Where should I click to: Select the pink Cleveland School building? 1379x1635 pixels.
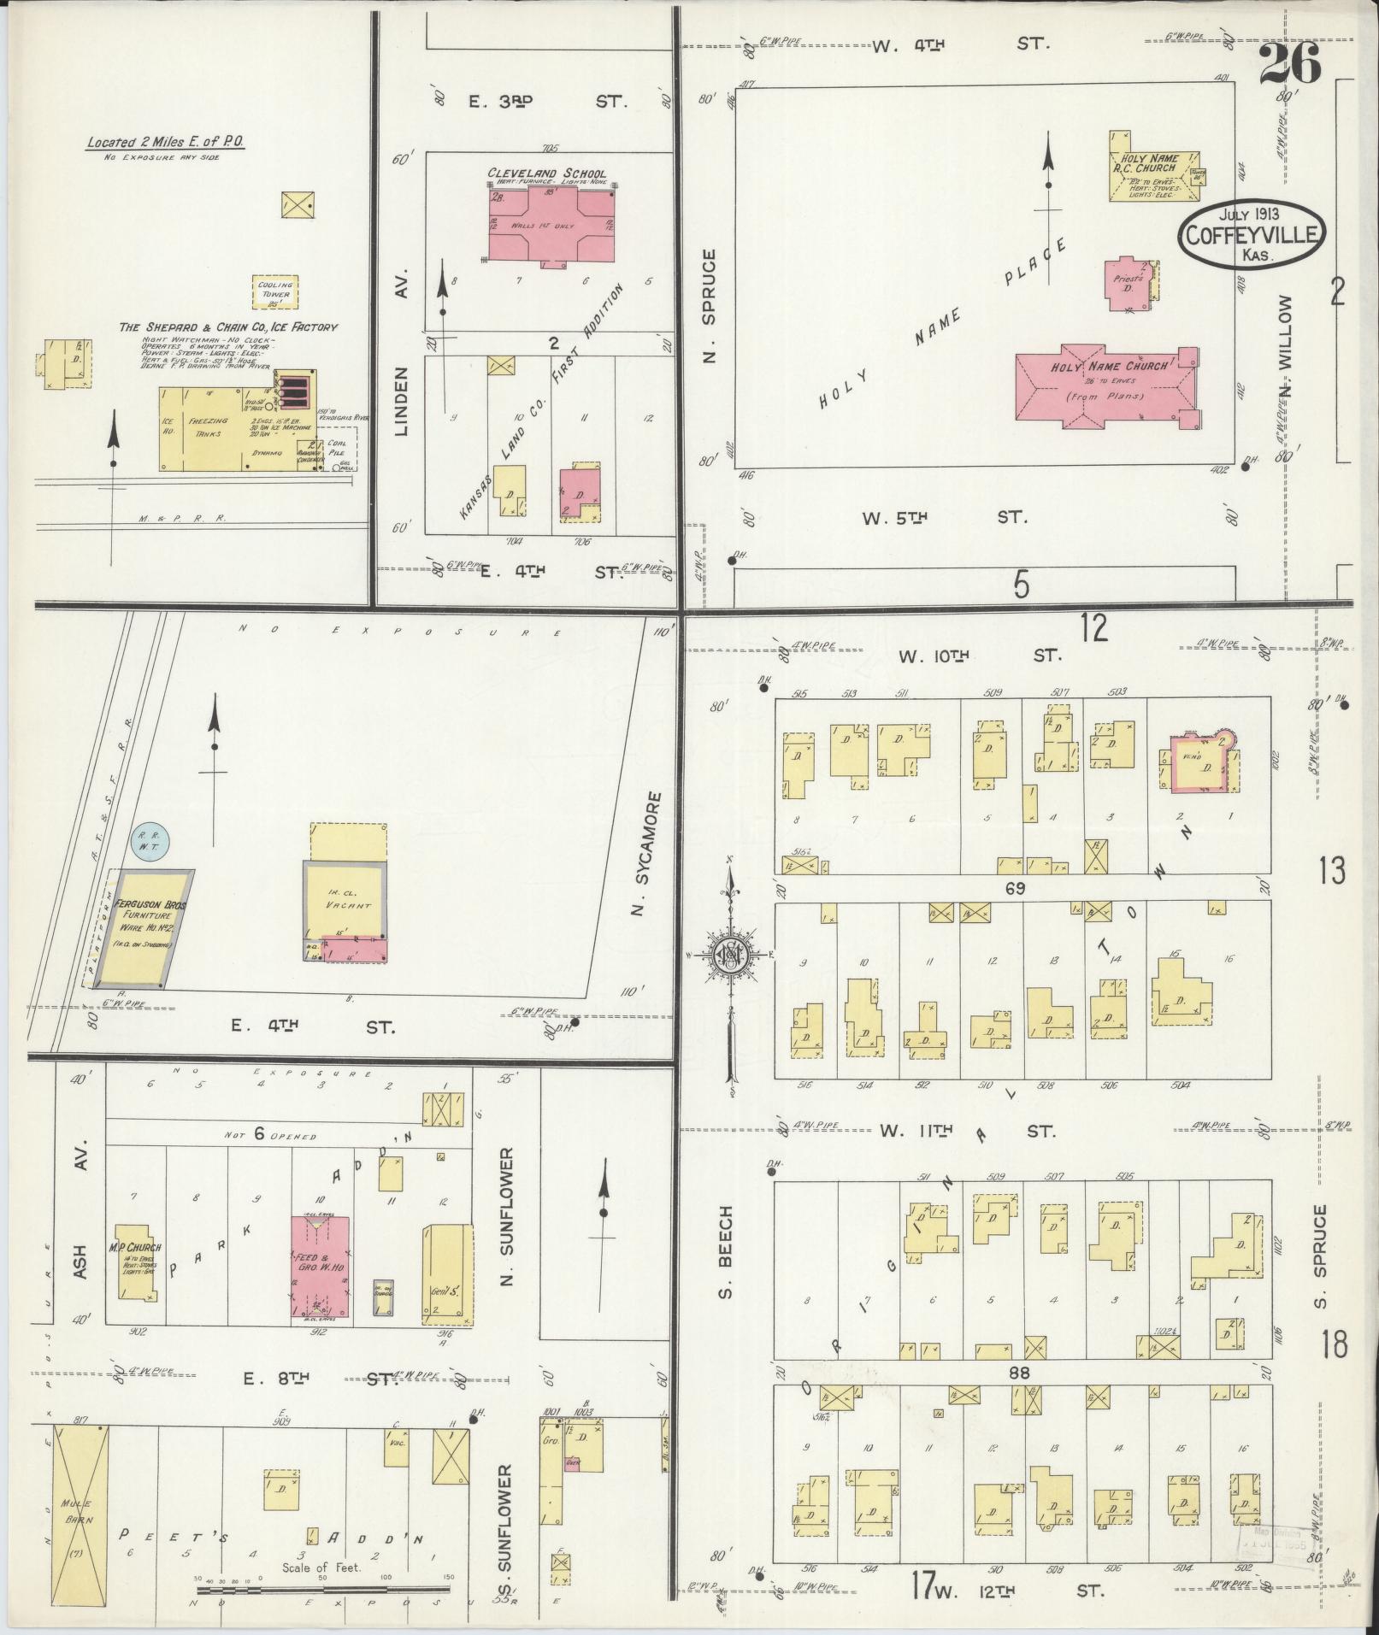[551, 225]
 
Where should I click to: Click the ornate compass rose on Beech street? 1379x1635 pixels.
[731, 954]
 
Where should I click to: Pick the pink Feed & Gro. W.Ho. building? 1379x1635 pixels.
[320, 1268]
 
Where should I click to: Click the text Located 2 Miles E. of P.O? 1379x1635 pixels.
[165, 143]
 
